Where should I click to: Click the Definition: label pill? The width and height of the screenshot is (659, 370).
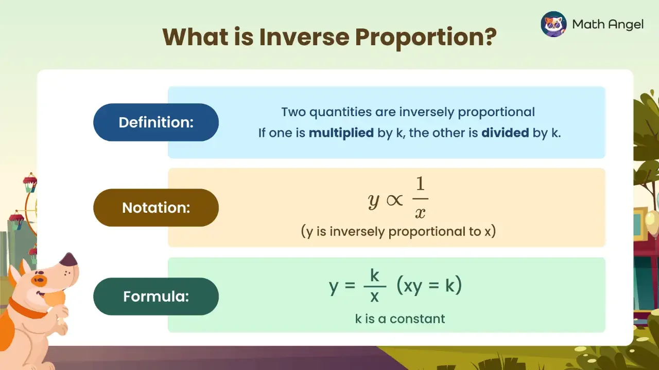(155, 122)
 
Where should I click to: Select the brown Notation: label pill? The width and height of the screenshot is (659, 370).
(155, 208)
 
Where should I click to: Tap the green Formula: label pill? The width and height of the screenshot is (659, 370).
(155, 297)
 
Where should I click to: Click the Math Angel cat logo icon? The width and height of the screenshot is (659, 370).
(553, 24)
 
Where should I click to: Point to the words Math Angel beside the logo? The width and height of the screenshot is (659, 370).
(608, 24)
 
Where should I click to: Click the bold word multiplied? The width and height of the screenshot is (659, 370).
(341, 133)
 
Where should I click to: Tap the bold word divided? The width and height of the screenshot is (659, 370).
(505, 133)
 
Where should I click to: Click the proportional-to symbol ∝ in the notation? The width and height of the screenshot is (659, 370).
(395, 201)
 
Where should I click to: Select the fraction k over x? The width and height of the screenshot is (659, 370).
(374, 286)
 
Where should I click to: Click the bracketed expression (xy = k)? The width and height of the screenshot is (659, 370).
(429, 286)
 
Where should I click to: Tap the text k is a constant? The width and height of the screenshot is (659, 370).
(400, 319)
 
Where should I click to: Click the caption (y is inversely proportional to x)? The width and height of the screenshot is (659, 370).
(398, 231)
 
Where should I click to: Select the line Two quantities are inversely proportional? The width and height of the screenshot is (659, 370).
(408, 112)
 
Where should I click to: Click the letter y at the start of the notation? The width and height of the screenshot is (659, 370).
(374, 200)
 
